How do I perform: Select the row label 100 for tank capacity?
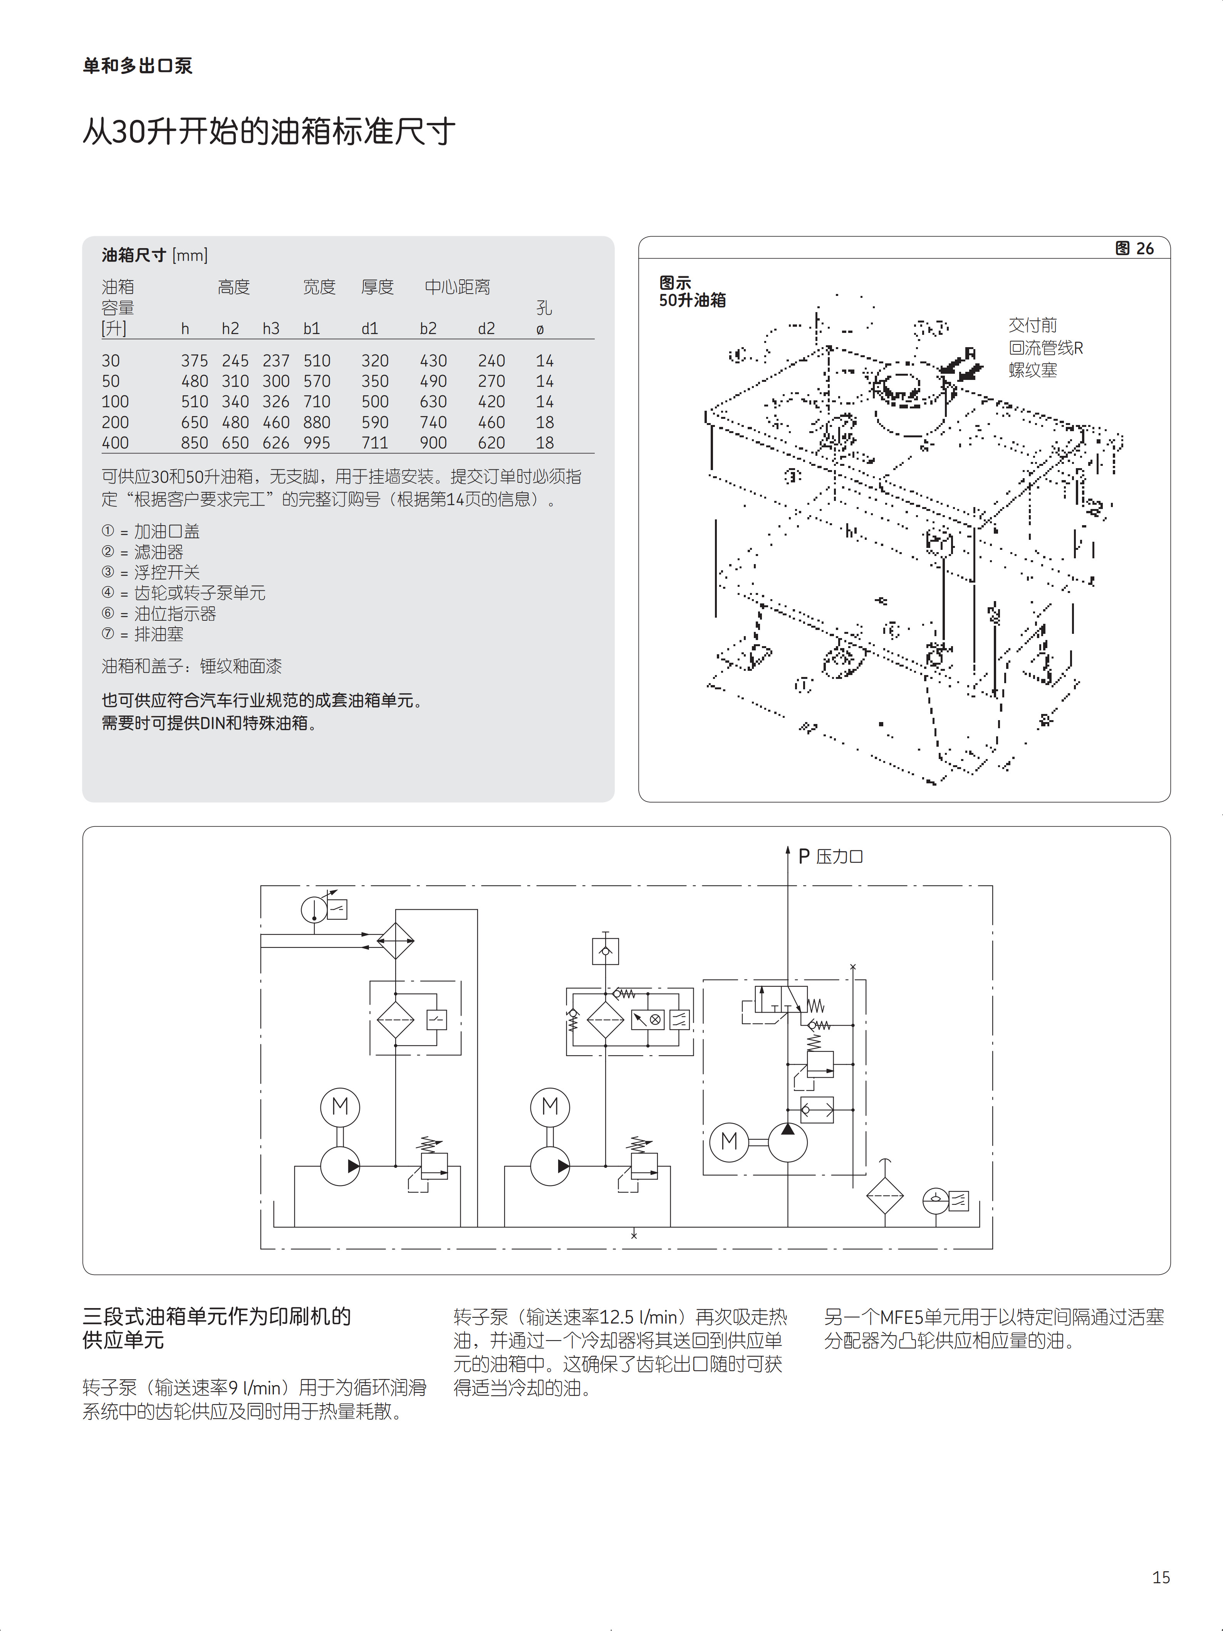[x=115, y=402]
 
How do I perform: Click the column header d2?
[x=486, y=328]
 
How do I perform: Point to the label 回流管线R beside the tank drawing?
[x=1045, y=348]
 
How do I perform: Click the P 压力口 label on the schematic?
[x=830, y=856]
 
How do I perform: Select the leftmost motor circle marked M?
[x=340, y=1107]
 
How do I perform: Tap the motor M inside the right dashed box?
[x=729, y=1141]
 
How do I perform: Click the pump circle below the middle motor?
[x=550, y=1166]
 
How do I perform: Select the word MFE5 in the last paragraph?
[x=901, y=1317]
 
